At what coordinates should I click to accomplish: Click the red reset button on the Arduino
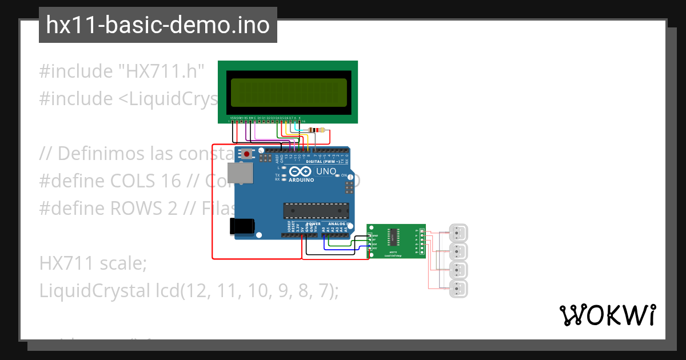tap(247, 154)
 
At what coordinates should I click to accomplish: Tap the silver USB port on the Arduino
tap(238, 173)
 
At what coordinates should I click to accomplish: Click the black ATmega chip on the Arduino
tap(316, 211)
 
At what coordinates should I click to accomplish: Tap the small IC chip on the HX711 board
tap(394, 236)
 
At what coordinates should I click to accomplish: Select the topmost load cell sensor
tap(458, 233)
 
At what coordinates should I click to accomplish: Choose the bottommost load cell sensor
tap(458, 289)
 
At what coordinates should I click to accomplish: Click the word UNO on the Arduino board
tap(326, 171)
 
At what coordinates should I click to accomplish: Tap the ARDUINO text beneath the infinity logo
tap(301, 180)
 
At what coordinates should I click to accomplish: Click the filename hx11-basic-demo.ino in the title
tap(158, 25)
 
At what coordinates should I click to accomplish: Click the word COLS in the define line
tap(132, 181)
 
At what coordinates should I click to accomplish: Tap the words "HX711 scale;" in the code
tap(93, 263)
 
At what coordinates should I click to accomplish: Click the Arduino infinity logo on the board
tap(301, 171)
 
